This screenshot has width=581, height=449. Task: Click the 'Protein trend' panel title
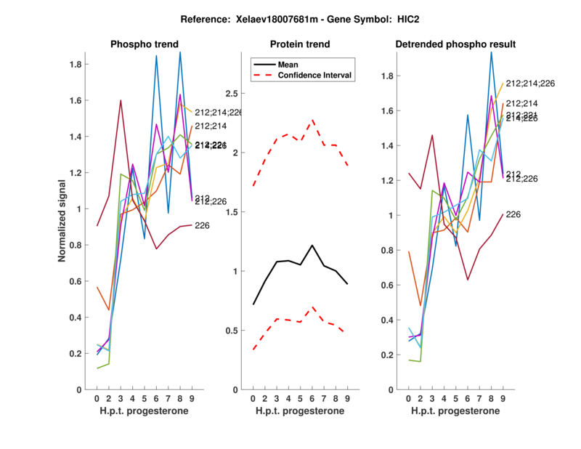301,44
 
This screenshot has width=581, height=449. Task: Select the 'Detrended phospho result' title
455,44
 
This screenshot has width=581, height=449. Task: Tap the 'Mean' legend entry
288,64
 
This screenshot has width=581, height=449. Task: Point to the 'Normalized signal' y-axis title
64,222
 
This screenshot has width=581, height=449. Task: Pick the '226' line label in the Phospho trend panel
203,225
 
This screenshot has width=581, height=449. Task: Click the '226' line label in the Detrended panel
513,214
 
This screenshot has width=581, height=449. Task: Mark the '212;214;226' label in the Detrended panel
530,84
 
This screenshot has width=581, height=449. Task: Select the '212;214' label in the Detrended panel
522,104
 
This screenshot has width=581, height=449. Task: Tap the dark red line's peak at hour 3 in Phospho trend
121,100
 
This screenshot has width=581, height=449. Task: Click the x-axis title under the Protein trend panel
301,412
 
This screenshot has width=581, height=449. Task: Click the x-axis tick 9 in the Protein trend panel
348,398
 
